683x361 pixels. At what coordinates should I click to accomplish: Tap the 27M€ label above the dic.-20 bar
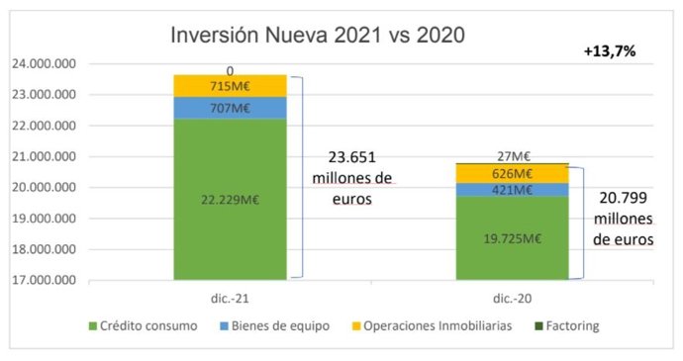click(513, 154)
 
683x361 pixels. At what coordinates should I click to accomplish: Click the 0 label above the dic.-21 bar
click(231, 70)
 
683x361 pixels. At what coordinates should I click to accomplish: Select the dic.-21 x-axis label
click(230, 298)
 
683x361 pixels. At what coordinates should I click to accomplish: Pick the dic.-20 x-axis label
click(513, 298)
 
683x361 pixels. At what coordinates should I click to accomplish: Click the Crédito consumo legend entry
click(147, 325)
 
